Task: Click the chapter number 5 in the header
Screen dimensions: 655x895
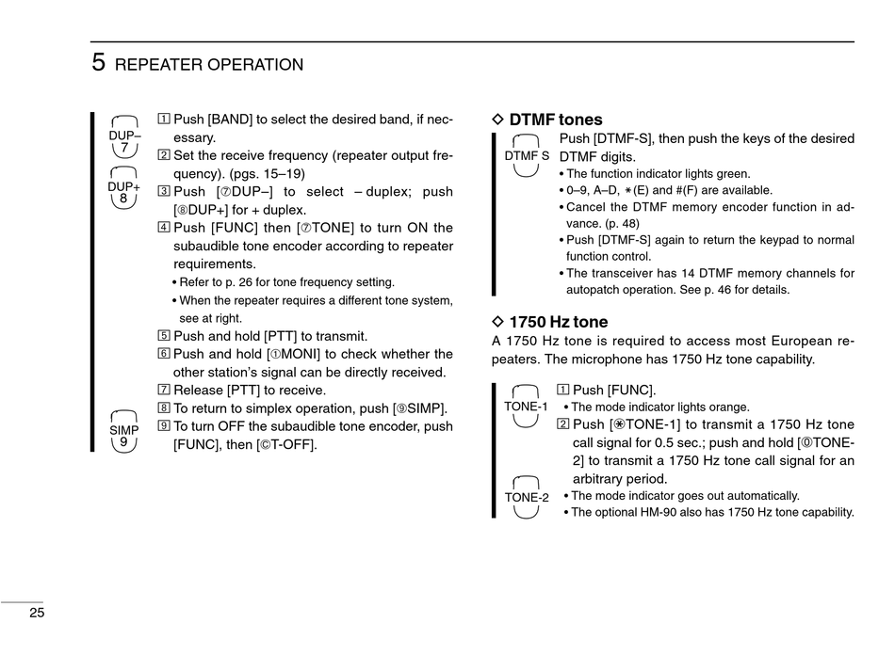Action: tap(98, 63)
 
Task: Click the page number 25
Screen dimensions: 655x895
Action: tap(37, 613)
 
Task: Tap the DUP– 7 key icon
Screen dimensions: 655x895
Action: tap(124, 137)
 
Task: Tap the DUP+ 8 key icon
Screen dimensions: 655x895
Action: tap(124, 188)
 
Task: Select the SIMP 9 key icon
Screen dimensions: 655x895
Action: tap(124, 431)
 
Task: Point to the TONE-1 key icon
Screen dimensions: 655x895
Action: tap(526, 407)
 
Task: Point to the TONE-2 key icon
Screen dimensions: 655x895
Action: tap(527, 497)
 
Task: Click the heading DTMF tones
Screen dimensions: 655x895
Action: tap(556, 120)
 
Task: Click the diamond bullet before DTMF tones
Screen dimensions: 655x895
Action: tap(499, 120)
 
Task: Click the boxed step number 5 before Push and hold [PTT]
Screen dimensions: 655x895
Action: tap(164, 336)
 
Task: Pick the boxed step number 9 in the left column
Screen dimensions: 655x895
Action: tap(164, 426)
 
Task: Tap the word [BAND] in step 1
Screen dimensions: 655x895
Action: tap(230, 120)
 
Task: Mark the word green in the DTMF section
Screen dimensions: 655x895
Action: tap(732, 174)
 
